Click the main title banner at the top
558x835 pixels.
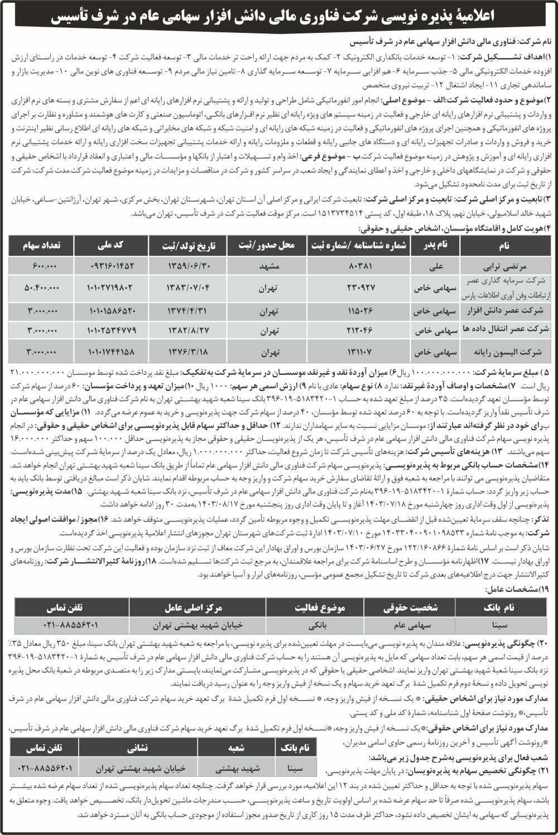(279, 18)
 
